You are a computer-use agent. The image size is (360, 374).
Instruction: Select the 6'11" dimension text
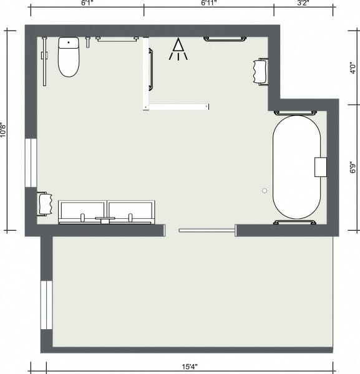coord(208,3)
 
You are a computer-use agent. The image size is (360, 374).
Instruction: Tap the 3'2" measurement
coord(303,3)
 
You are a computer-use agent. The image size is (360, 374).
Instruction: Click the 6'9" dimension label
coord(353,167)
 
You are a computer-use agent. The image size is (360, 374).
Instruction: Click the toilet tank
coord(69,43)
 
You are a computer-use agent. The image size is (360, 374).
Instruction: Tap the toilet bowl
coord(69,62)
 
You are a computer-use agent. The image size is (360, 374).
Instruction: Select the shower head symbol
coord(178,50)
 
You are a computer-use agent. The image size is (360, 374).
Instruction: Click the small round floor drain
coord(265,190)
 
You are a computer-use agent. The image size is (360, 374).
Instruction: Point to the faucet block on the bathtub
coord(321,167)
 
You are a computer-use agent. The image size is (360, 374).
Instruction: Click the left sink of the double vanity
coord(82,212)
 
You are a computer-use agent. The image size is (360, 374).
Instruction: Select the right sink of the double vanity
coord(130,212)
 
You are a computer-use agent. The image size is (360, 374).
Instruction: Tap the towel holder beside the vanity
coord(44,204)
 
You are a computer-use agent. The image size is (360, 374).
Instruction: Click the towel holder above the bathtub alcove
coord(261,70)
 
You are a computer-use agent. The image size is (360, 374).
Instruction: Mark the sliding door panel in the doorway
coord(206,231)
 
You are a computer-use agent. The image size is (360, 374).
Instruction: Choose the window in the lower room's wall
coord(45,305)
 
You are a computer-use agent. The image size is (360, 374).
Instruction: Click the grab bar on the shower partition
coord(150,69)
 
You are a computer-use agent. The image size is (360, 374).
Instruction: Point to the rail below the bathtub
coord(295,223)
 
